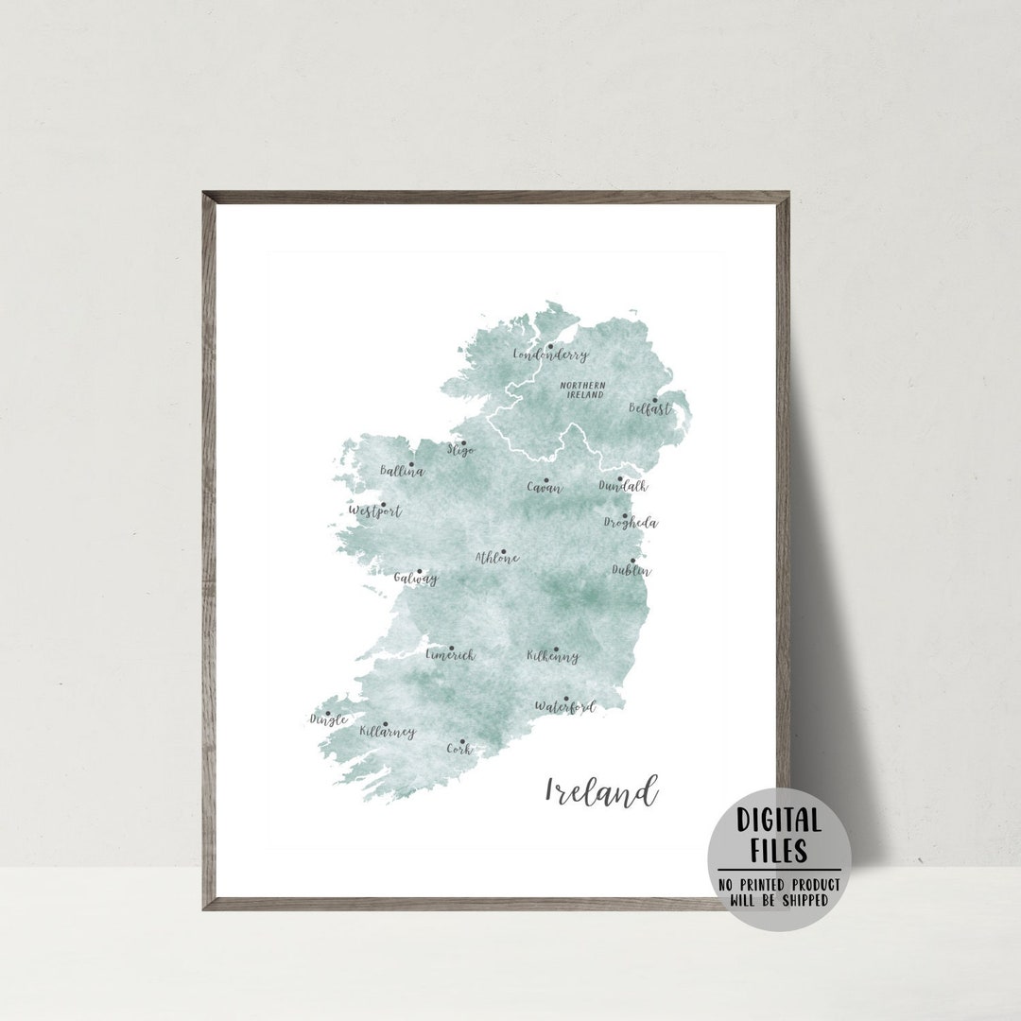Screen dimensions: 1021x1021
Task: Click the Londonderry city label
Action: coord(550,355)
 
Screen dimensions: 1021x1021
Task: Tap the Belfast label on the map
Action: coord(650,409)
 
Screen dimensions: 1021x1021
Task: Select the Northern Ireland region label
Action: coord(582,389)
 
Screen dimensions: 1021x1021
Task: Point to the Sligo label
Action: coord(460,451)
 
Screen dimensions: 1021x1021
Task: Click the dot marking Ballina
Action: coord(410,464)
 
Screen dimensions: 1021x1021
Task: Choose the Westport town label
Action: coord(375,511)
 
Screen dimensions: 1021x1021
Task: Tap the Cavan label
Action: coord(544,489)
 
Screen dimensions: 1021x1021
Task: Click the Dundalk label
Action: coord(623,486)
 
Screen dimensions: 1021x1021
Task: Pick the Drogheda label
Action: coord(632,523)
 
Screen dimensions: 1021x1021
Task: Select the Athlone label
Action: coord(497,558)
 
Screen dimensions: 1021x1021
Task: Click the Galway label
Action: coord(416,579)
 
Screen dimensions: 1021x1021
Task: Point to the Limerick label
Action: coord(450,655)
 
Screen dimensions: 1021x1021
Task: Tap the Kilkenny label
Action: coord(553,656)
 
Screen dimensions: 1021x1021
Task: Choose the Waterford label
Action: coord(564,706)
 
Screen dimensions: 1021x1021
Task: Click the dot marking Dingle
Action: coord(328,714)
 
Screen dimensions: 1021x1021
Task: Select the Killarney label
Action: coord(388,732)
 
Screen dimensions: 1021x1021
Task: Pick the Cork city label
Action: coord(459,749)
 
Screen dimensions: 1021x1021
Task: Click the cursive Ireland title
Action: coord(600,790)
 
